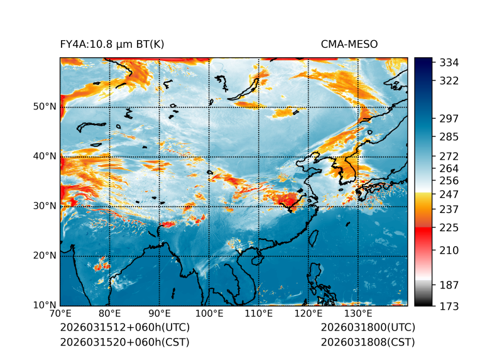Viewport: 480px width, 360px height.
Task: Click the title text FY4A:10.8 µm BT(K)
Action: click(112, 44)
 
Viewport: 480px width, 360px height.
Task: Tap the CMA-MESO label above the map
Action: click(349, 44)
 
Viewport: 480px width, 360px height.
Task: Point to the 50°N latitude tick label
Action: click(45, 106)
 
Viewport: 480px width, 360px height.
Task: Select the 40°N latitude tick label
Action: click(45, 156)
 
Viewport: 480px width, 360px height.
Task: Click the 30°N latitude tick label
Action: click(45, 205)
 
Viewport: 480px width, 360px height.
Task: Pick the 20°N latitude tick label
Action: click(45, 256)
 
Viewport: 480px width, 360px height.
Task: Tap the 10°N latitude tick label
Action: click(45, 305)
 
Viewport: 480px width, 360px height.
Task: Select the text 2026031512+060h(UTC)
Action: click(124, 327)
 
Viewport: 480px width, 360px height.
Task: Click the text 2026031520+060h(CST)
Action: click(124, 342)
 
